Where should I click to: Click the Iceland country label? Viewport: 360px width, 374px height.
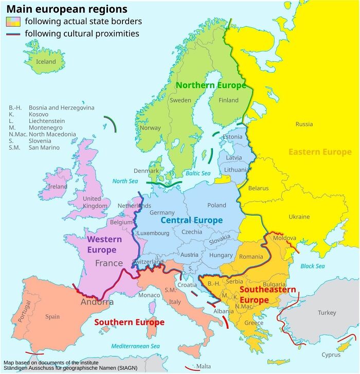[x=46, y=62]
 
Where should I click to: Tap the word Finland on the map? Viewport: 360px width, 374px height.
[x=228, y=100]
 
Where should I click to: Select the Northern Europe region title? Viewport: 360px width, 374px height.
[x=211, y=85]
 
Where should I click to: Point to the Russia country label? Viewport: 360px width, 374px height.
[x=304, y=124]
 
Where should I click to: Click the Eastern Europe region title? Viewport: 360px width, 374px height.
[x=320, y=152]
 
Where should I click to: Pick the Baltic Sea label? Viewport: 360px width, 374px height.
[x=199, y=173]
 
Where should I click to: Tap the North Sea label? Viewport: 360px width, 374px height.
[x=125, y=181]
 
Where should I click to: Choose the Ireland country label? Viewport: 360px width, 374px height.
[x=57, y=187]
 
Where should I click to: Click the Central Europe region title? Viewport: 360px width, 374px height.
[x=191, y=220]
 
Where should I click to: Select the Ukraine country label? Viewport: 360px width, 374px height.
[x=299, y=217]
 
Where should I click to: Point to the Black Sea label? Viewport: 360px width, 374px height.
[x=313, y=266]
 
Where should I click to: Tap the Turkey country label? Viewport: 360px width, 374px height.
[x=327, y=313]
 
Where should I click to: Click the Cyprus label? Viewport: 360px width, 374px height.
[x=331, y=354]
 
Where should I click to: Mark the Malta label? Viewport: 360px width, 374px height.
[x=203, y=366]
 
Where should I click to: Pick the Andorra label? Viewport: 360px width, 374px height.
[x=97, y=302]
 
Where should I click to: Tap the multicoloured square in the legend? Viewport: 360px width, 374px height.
[x=13, y=22]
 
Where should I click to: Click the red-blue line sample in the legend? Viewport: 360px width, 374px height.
[x=13, y=34]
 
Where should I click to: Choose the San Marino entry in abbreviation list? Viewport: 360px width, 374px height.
[x=34, y=148]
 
